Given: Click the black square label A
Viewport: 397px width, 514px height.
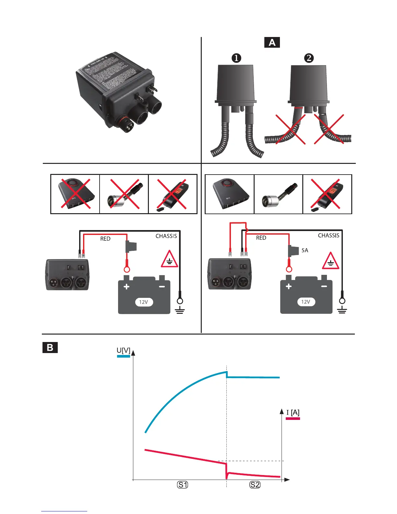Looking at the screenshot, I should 272,43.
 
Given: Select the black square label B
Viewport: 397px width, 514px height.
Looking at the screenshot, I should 50,348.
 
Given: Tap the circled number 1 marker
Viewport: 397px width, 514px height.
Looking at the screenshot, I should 236,58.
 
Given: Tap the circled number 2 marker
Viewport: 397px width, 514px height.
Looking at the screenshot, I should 309,58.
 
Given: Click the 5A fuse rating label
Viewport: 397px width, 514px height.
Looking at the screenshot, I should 305,250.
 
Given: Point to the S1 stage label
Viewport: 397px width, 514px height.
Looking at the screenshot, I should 183,485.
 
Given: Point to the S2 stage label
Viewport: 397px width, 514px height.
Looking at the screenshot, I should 255,485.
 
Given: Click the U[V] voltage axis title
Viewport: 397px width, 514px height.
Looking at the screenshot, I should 124,350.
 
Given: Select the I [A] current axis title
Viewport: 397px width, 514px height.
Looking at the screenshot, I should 293,412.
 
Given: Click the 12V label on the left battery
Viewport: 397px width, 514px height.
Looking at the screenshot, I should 143,302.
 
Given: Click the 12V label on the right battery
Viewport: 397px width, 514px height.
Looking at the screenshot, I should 306,302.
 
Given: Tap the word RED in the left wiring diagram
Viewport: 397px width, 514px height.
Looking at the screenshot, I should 105,239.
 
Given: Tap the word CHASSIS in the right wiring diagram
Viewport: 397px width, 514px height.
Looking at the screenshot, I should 328,236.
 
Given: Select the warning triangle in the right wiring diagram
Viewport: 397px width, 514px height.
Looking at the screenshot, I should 331,262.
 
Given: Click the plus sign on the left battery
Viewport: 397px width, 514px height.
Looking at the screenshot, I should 126,287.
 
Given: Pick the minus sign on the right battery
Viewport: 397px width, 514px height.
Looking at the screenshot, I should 324,287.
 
